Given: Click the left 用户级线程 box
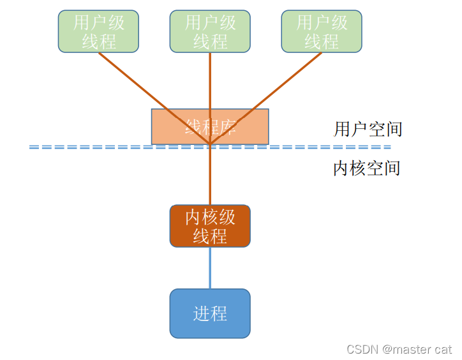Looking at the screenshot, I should (98, 31).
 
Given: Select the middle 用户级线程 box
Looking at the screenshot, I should (210, 31).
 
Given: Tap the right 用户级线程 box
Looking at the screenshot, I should (322, 31).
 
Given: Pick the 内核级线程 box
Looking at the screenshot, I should (210, 226).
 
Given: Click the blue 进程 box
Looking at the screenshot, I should (210, 313).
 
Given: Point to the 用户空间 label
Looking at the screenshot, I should (368, 129).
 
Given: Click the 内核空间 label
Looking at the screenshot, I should (366, 169).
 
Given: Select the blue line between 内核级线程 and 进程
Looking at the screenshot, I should (210, 267).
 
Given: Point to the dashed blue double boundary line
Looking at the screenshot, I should (96, 147).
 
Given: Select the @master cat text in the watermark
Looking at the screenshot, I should (417, 349).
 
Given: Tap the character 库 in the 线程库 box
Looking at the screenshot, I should (229, 127).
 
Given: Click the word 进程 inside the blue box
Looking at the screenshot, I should (210, 313).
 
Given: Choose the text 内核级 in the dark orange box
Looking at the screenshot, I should (210, 217).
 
